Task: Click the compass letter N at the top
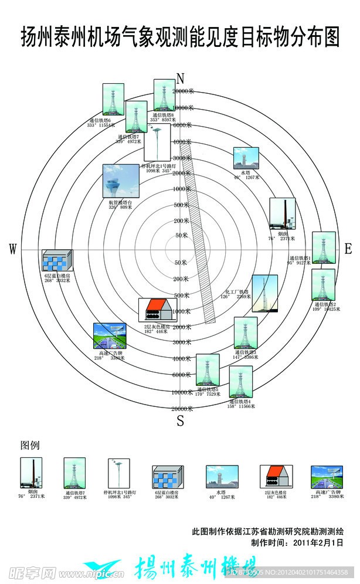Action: coord(181,79)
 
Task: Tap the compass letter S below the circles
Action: coord(181,420)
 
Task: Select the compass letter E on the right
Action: coord(348,249)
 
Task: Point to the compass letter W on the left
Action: coord(13,250)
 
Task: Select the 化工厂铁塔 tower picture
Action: coord(264,293)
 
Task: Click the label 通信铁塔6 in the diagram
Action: coord(99,121)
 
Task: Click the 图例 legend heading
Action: coord(30,445)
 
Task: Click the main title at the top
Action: coord(180,37)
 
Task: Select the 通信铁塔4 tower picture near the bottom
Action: coord(241,382)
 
